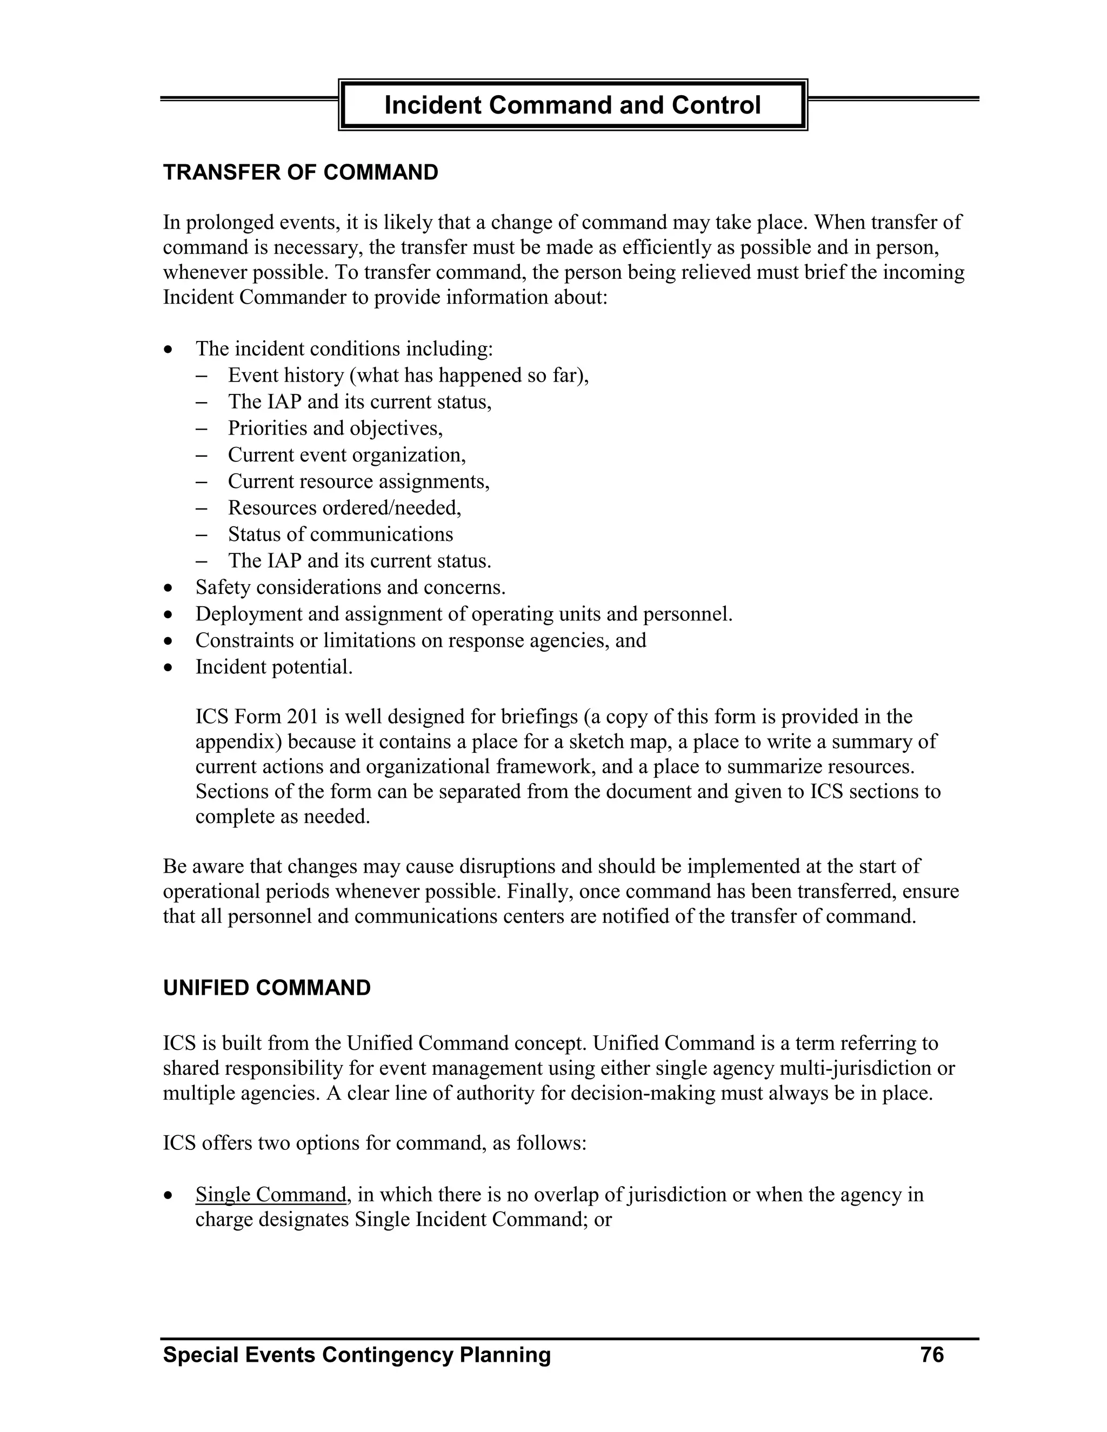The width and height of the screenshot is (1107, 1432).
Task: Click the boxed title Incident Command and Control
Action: coord(572,105)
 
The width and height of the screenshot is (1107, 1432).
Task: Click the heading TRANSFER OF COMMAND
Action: coord(301,172)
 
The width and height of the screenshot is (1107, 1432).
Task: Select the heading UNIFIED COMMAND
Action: coord(266,987)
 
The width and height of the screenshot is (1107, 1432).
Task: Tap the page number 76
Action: coord(931,1354)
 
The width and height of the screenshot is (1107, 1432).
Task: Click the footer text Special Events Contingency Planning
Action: coord(357,1354)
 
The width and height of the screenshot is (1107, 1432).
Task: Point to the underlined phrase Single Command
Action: coord(270,1195)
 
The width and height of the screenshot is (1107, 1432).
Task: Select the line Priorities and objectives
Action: coord(335,428)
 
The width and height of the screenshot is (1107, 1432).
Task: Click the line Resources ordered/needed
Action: coord(344,507)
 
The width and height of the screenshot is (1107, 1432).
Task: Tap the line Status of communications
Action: coord(341,534)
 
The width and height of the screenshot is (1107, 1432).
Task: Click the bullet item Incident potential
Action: coord(274,667)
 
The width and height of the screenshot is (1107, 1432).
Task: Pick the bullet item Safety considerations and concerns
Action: coord(350,587)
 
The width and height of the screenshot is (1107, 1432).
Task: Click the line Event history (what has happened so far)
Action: coord(408,375)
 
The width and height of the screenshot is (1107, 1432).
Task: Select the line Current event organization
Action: coord(346,454)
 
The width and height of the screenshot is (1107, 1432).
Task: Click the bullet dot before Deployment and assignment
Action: coord(169,615)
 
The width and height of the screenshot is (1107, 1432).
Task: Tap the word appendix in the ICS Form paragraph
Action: coord(238,741)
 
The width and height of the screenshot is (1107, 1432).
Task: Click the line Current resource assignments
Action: coord(358,481)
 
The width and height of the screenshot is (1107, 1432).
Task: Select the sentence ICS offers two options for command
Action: coord(374,1143)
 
